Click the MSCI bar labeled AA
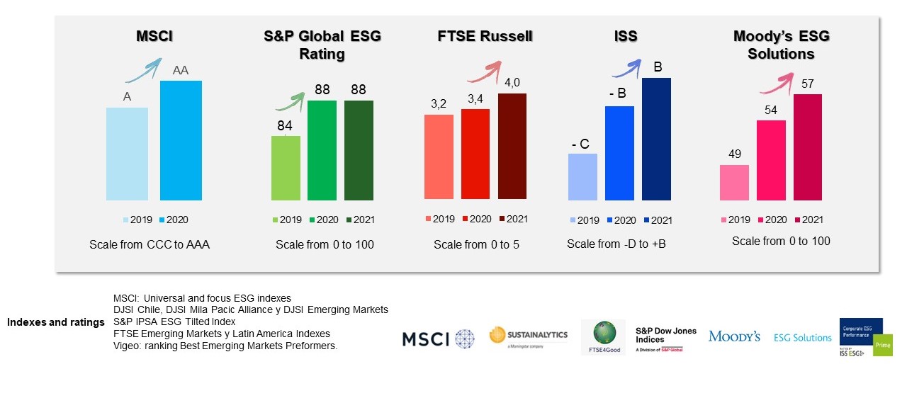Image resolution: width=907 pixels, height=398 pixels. pyautogui.click(x=181, y=140)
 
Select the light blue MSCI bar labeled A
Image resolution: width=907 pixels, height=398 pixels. pyautogui.click(x=127, y=154)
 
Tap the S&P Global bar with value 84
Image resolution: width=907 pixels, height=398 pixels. pyautogui.click(x=286, y=168)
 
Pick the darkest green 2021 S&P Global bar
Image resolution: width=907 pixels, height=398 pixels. pyautogui.click(x=359, y=150)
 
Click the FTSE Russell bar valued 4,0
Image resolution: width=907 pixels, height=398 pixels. pyautogui.click(x=512, y=146)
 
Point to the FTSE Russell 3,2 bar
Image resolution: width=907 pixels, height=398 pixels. pyautogui.click(x=439, y=157)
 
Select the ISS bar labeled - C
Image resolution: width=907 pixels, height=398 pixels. pyautogui.click(x=582, y=177)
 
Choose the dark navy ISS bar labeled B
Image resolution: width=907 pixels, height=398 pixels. pyautogui.click(x=656, y=139)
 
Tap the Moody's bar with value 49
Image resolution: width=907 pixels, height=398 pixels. pyautogui.click(x=734, y=183)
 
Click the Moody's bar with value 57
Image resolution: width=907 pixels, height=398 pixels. pyautogui.click(x=808, y=147)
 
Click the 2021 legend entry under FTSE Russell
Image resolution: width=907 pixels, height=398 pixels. pyautogui.click(x=512, y=220)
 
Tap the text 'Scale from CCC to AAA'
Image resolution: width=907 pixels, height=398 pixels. pyautogui.click(x=150, y=244)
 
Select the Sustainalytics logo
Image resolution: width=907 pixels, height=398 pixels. pyautogui.click(x=529, y=336)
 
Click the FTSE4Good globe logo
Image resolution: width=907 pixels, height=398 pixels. pyautogui.click(x=604, y=337)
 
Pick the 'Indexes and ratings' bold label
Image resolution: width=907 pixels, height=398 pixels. pyautogui.click(x=56, y=322)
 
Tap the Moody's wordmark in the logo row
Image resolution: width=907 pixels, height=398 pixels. pyautogui.click(x=734, y=336)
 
